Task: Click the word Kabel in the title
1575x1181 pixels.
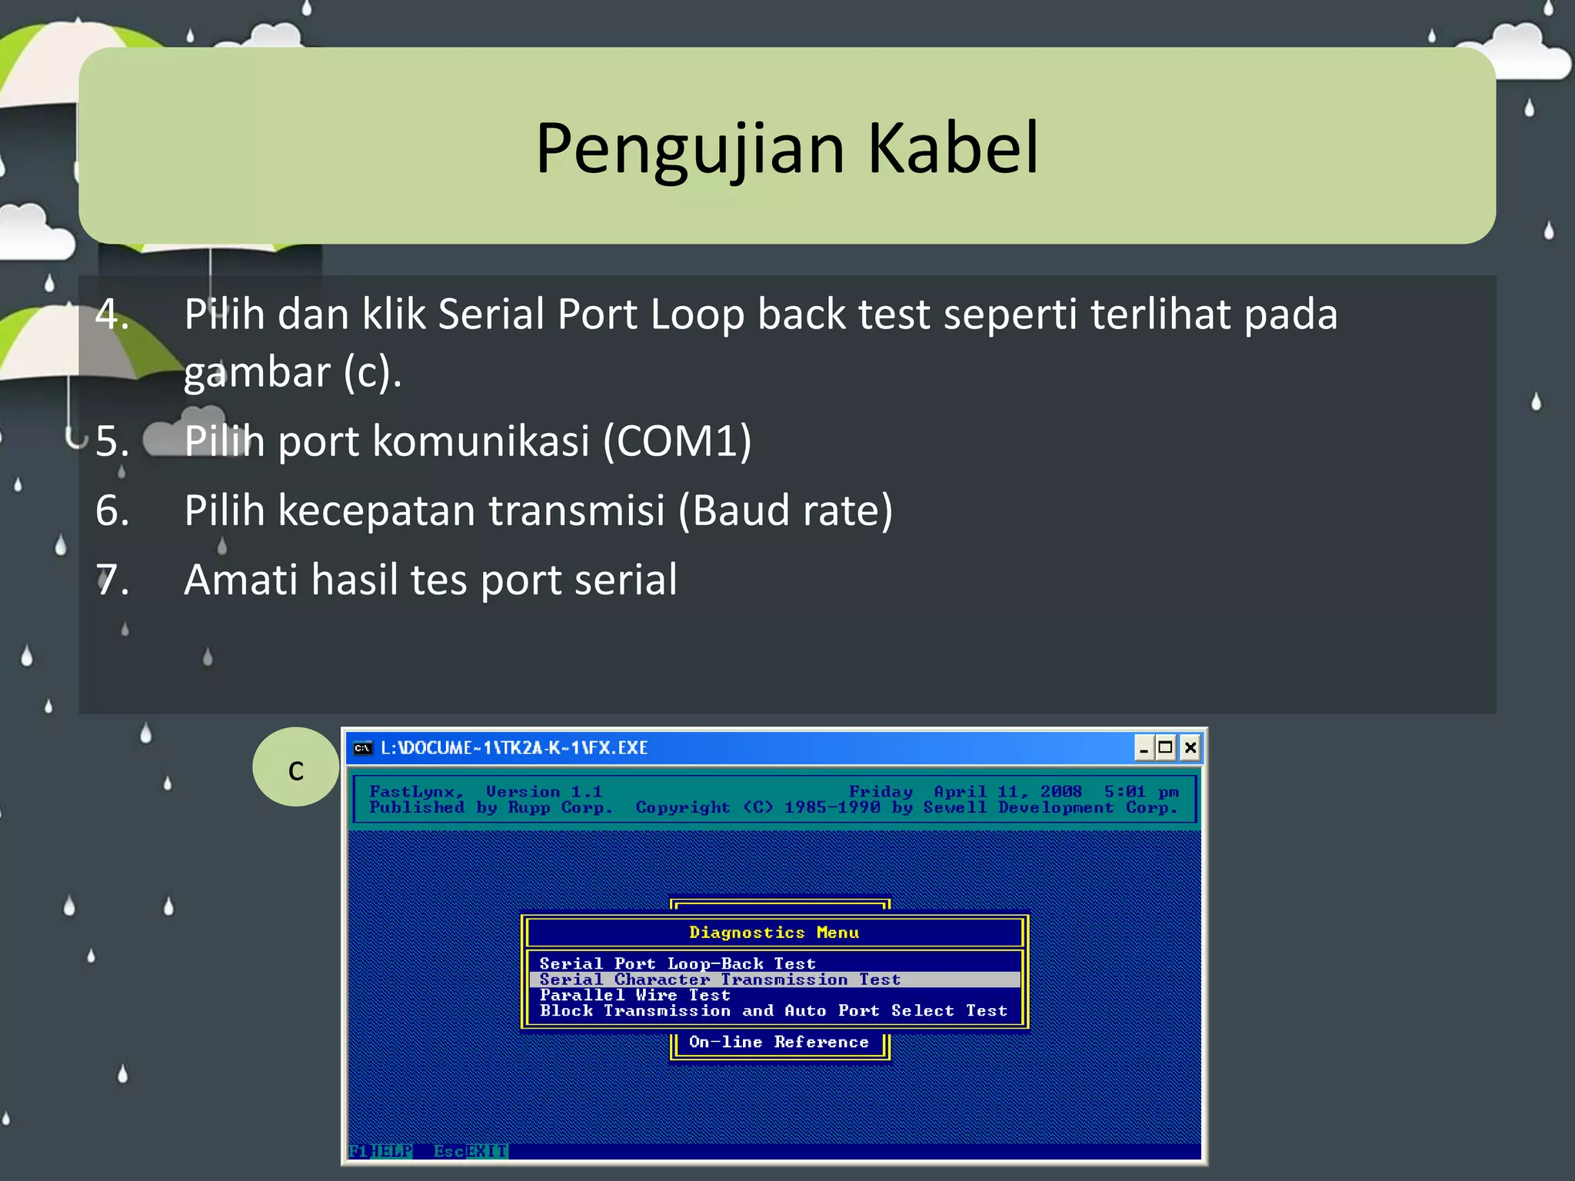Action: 953,148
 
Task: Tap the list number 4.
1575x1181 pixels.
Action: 112,314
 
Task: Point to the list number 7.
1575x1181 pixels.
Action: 112,580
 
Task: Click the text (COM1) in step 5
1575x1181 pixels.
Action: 677,441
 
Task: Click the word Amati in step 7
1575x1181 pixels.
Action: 240,580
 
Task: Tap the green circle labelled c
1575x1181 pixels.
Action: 296,767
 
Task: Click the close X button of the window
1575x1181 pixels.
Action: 1190,747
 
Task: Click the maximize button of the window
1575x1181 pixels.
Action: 1166,747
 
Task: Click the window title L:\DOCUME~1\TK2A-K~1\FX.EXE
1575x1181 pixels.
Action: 514,748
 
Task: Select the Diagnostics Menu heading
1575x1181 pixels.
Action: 774,933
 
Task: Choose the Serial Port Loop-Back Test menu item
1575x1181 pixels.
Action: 678,963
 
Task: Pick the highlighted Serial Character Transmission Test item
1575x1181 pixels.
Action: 720,980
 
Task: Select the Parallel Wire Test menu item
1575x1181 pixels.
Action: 634,995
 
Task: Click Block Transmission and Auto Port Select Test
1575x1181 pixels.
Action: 773,1011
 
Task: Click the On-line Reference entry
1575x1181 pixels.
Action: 778,1043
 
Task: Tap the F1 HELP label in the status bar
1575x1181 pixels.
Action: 381,1151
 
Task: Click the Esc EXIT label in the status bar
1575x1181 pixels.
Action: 470,1151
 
